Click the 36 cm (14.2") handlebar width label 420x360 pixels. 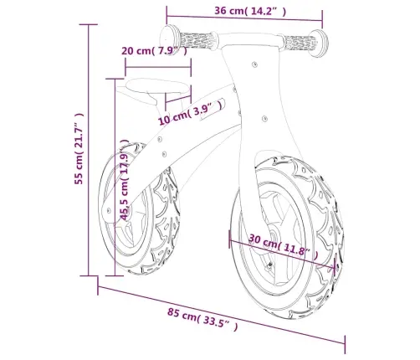[250, 11]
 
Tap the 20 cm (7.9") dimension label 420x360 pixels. [154, 51]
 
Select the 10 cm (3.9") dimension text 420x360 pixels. [191, 112]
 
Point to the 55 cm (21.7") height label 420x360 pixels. [79, 148]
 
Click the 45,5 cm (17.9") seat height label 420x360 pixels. [124, 180]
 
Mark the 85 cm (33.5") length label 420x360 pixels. [202, 319]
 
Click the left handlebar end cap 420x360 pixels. [169, 39]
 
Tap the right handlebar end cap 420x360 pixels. [319, 44]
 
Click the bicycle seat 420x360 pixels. [157, 86]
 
